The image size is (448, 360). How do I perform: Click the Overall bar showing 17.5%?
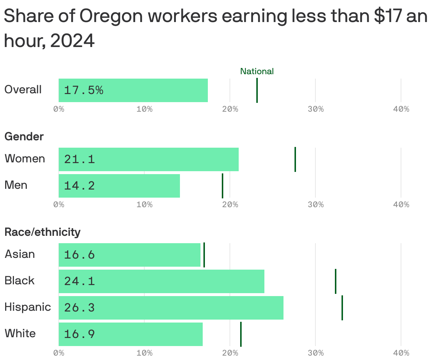(133, 90)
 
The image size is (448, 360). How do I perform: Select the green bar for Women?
(148, 159)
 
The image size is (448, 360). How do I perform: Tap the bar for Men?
(119, 186)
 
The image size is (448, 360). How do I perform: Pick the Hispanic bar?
(171, 307)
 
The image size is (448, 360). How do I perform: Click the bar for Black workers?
(161, 281)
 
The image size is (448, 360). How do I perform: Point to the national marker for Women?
(295, 159)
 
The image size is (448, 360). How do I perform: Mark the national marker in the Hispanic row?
(342, 307)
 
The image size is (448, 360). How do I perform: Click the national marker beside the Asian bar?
(204, 255)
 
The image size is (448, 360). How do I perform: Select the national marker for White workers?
(241, 334)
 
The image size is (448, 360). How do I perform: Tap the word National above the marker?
(257, 71)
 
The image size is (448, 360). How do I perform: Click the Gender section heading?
(24, 137)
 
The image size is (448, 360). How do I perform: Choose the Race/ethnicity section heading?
(42, 232)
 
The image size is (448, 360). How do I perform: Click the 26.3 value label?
(79, 307)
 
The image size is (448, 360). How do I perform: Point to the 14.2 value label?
(79, 186)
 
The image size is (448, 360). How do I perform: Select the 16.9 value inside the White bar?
(79, 334)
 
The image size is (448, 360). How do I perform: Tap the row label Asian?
(19, 254)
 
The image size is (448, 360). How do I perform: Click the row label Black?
(19, 281)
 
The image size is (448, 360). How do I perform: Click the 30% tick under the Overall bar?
(315, 109)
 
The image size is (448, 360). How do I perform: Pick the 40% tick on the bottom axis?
(401, 353)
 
